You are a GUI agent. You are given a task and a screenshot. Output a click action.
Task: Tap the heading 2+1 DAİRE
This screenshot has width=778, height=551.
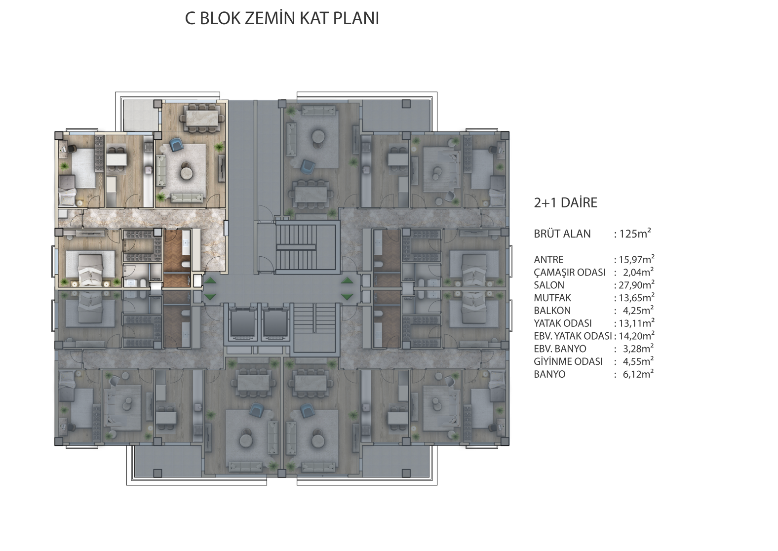click(x=565, y=202)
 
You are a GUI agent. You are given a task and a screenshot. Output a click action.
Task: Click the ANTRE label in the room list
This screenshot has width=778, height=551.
click(x=549, y=260)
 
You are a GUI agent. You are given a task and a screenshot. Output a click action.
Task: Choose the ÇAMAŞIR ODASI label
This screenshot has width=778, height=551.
click(x=570, y=272)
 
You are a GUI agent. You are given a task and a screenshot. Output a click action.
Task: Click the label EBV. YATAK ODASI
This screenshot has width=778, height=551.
click(x=573, y=336)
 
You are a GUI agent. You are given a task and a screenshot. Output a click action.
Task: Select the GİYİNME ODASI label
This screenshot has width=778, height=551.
click(x=568, y=361)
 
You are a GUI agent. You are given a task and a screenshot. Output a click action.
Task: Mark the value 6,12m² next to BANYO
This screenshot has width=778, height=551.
click(x=638, y=374)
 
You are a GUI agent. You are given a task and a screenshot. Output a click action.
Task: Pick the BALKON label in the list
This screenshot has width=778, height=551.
click(x=552, y=310)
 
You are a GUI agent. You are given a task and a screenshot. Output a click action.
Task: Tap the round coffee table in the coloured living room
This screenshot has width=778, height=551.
click(x=189, y=171)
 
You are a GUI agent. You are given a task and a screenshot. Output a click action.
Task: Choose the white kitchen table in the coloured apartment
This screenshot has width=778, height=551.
click(x=117, y=159)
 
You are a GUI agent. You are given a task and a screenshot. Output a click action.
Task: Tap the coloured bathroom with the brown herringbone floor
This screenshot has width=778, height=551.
click(x=177, y=257)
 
